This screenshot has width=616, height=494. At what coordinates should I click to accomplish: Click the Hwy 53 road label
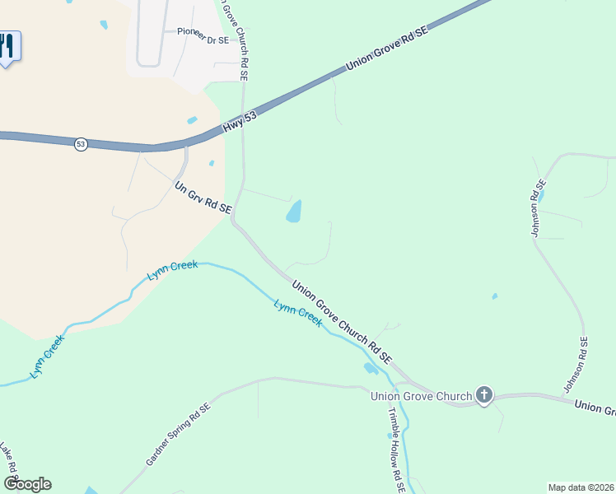point(240,119)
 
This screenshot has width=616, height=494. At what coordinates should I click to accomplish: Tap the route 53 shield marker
point(80,144)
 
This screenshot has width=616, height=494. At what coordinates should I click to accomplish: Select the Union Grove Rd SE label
point(387,45)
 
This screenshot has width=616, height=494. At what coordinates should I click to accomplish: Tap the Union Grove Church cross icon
point(483,395)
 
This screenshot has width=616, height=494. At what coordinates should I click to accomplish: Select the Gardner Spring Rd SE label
point(179,434)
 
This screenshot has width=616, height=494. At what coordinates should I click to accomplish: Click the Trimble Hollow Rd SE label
point(396,450)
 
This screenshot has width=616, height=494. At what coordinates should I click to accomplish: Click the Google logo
point(26,484)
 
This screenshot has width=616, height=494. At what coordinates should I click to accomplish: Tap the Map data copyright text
point(581,487)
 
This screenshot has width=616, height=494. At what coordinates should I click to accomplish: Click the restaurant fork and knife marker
point(7,45)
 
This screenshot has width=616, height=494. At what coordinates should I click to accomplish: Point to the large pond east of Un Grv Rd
point(294,212)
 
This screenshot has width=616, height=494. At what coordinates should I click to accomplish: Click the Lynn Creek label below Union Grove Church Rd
point(297,314)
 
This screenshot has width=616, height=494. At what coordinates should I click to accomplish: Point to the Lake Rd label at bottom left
point(8,464)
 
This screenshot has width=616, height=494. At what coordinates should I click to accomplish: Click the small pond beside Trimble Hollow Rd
point(370,367)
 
